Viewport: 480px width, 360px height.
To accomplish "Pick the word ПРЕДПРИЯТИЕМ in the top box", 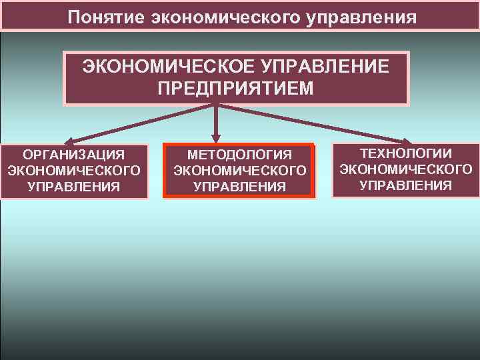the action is click(235, 88).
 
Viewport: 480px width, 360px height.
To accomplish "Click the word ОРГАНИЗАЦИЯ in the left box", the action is click(74, 155).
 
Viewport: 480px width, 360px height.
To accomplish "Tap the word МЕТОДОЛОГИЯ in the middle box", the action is click(240, 155).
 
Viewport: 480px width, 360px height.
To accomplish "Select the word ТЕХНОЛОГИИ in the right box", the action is click(406, 153).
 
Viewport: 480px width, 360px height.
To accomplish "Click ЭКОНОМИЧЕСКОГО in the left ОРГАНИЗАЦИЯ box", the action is click(74, 171).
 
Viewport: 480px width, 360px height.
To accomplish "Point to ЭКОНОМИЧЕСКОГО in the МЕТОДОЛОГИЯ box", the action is click(240, 171).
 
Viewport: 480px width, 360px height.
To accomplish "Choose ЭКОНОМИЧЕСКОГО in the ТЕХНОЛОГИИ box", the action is click(406, 169).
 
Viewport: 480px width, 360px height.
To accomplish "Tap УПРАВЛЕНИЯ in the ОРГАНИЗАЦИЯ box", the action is click(74, 186).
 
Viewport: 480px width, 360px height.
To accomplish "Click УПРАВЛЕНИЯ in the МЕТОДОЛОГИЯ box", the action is click(240, 187).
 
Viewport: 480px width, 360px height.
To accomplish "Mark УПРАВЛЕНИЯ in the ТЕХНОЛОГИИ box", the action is click(406, 185).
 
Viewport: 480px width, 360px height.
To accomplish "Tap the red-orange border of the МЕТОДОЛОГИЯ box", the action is click(164, 171).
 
